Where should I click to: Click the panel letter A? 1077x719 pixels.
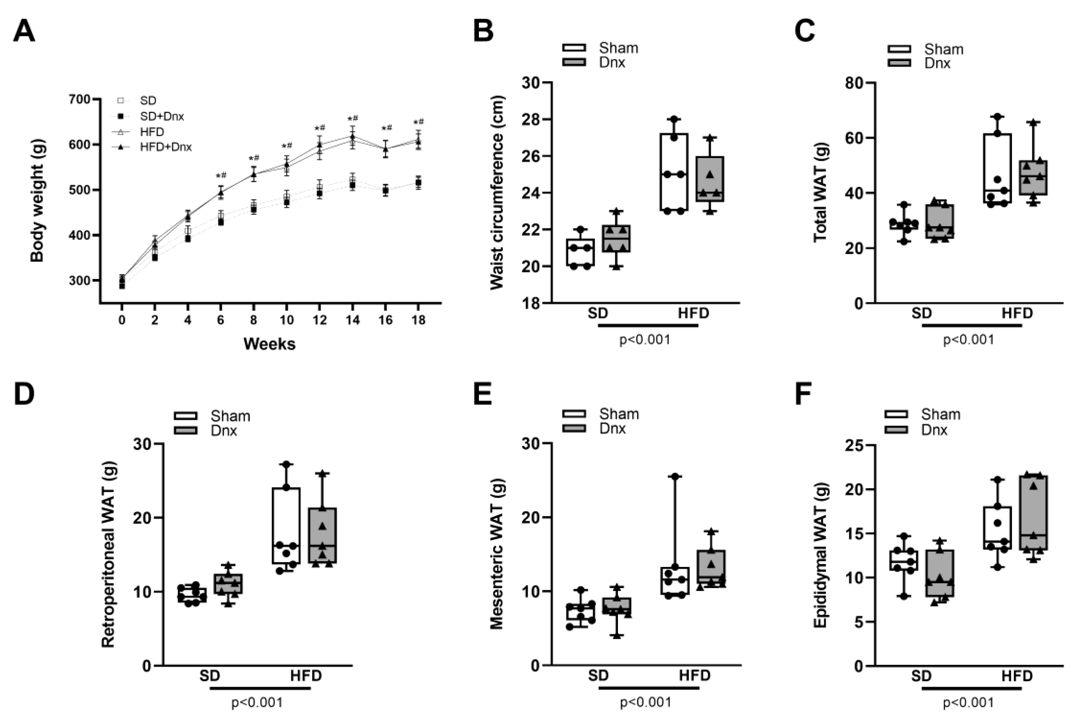(24, 32)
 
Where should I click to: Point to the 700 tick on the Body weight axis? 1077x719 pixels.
(79, 99)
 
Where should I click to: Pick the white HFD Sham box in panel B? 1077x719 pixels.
(674, 172)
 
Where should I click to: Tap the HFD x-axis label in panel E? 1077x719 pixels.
(694, 676)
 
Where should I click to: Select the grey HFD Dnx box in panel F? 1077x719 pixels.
(1034, 513)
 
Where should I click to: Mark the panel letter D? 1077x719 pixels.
(24, 394)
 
